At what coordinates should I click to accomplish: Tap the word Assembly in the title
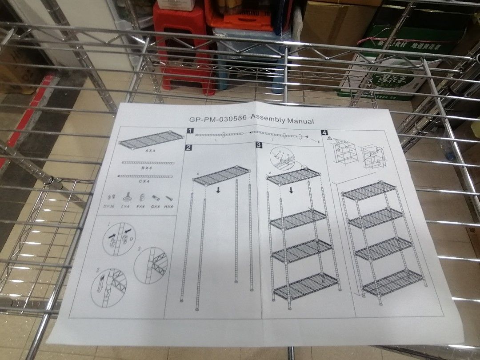[268, 119]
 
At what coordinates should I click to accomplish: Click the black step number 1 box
[190, 131]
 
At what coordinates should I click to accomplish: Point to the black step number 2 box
[189, 148]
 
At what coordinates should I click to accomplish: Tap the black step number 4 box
[324, 132]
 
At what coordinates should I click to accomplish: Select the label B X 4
[148, 168]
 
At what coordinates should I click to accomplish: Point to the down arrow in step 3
[291, 190]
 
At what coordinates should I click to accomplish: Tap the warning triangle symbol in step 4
[329, 139]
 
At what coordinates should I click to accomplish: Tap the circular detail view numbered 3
[151, 264]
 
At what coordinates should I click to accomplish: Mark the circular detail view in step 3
[281, 157]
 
